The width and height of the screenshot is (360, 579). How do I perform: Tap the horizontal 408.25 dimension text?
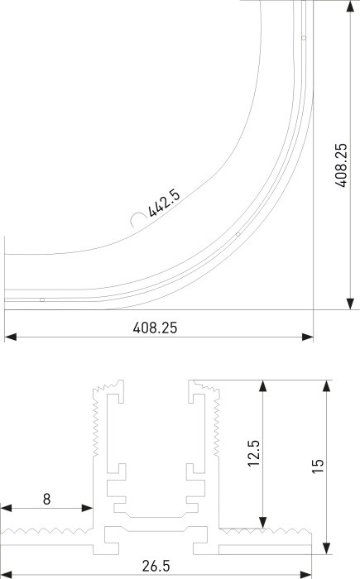155,328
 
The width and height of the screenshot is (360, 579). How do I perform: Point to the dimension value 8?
46,499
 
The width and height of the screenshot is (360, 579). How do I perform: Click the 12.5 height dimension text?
254,454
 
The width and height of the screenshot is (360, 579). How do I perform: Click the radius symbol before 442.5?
137,219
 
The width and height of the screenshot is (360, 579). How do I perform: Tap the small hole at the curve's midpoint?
238,234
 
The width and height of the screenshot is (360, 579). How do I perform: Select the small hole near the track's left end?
41,299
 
